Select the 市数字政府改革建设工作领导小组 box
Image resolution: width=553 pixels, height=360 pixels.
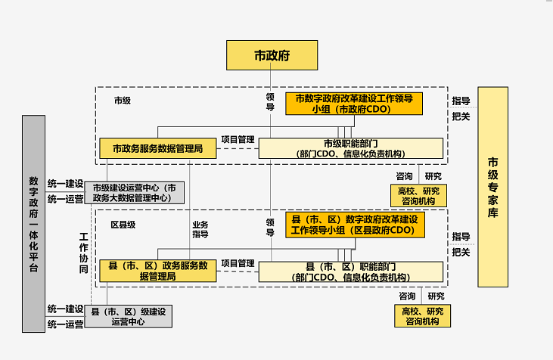pyautogui.click(x=353, y=104)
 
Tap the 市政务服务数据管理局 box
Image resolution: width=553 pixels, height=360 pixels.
pyautogui.click(x=157, y=149)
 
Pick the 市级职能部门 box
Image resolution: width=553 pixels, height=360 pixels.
pyautogui.click(x=350, y=148)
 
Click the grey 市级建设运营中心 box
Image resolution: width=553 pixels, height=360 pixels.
pyautogui.click(x=134, y=192)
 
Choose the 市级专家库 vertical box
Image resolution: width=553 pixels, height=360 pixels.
pyautogui.click(x=492, y=187)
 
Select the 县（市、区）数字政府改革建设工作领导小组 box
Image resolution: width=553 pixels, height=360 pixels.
pyautogui.click(x=354, y=225)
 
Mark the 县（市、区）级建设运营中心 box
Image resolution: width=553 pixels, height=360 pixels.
pyautogui.click(x=129, y=316)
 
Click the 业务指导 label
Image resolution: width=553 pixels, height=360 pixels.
pyautogui.click(x=200, y=229)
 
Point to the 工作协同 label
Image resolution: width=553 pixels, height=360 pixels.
pyautogui.click(x=84, y=253)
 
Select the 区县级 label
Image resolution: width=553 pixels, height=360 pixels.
pyautogui.click(x=123, y=225)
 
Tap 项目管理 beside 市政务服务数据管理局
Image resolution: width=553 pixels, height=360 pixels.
pyautogui.click(x=238, y=140)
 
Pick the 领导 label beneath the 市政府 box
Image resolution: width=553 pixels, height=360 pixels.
pyautogui.click(x=270, y=101)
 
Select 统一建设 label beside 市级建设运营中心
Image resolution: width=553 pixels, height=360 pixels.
pyautogui.click(x=65, y=184)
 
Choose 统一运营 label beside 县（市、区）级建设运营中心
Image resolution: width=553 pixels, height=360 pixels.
pyautogui.click(x=65, y=324)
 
